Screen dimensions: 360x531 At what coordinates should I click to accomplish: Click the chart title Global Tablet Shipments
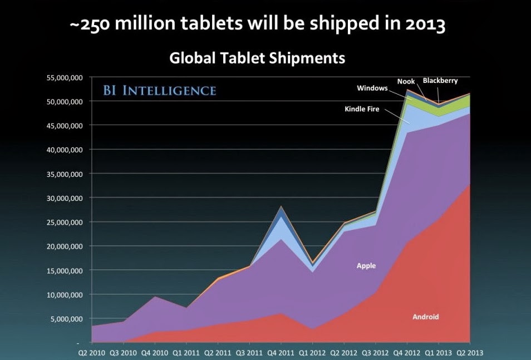(257, 58)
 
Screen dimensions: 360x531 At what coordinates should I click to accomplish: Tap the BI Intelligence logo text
(159, 90)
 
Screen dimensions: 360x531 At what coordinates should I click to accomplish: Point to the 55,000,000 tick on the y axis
(63, 77)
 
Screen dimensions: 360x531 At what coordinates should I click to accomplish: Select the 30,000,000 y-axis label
(63, 198)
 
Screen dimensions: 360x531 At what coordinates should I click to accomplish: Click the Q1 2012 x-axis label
(313, 352)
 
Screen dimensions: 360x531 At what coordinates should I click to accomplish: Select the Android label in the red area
(425, 317)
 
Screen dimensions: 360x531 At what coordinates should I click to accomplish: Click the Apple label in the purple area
(366, 266)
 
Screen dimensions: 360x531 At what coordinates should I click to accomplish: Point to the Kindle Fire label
(362, 109)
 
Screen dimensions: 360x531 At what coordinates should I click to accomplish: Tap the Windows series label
(372, 88)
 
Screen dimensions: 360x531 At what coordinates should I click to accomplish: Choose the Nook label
(406, 81)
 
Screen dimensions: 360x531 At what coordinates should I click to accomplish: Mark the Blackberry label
(440, 81)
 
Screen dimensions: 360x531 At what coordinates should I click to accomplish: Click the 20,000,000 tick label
(63, 246)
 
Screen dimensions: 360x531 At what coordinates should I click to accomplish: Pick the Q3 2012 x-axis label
(376, 352)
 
